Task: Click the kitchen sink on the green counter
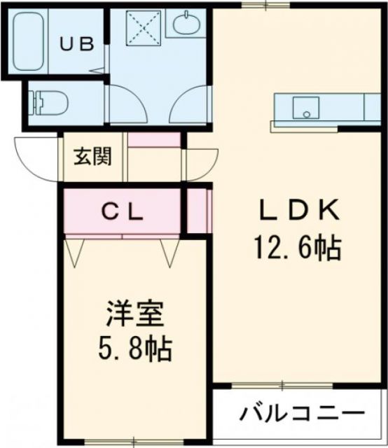click(305, 108)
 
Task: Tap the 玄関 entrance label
click(92, 157)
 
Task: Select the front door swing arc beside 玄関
click(35, 157)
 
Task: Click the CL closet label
click(124, 211)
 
